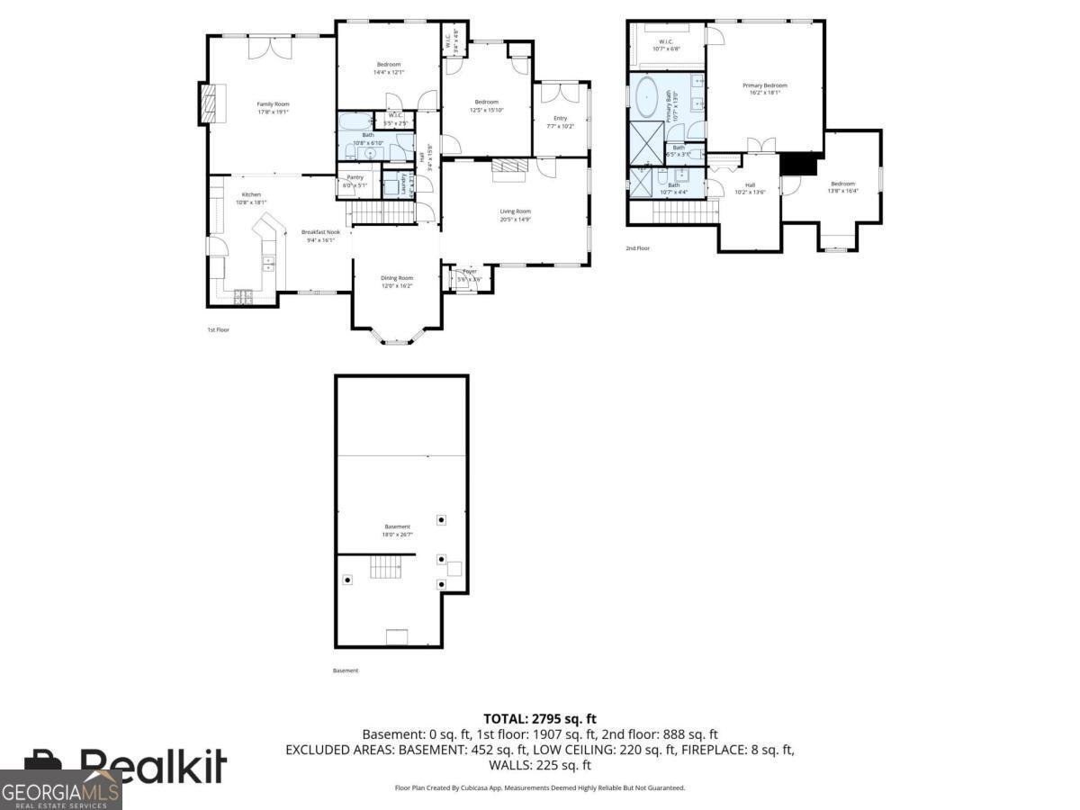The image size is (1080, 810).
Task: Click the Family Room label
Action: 273,104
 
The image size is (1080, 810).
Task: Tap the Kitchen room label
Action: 251,195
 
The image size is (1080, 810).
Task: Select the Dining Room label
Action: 397,278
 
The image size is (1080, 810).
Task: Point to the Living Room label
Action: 516,211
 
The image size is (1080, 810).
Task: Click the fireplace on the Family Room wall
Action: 209,103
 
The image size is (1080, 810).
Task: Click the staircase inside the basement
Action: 386,567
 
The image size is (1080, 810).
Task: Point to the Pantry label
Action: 355,178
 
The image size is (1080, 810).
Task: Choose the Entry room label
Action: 560,119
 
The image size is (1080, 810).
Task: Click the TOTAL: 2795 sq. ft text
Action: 540,718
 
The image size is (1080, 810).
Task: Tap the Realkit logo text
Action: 153,766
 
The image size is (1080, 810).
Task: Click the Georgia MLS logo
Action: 60,790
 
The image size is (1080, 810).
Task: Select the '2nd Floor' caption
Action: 637,248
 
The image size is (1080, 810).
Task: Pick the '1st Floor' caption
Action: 219,330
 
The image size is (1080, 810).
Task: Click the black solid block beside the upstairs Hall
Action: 798,164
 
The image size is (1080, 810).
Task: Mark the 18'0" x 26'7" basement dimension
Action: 397,535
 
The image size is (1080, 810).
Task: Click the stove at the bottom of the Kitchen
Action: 244,296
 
